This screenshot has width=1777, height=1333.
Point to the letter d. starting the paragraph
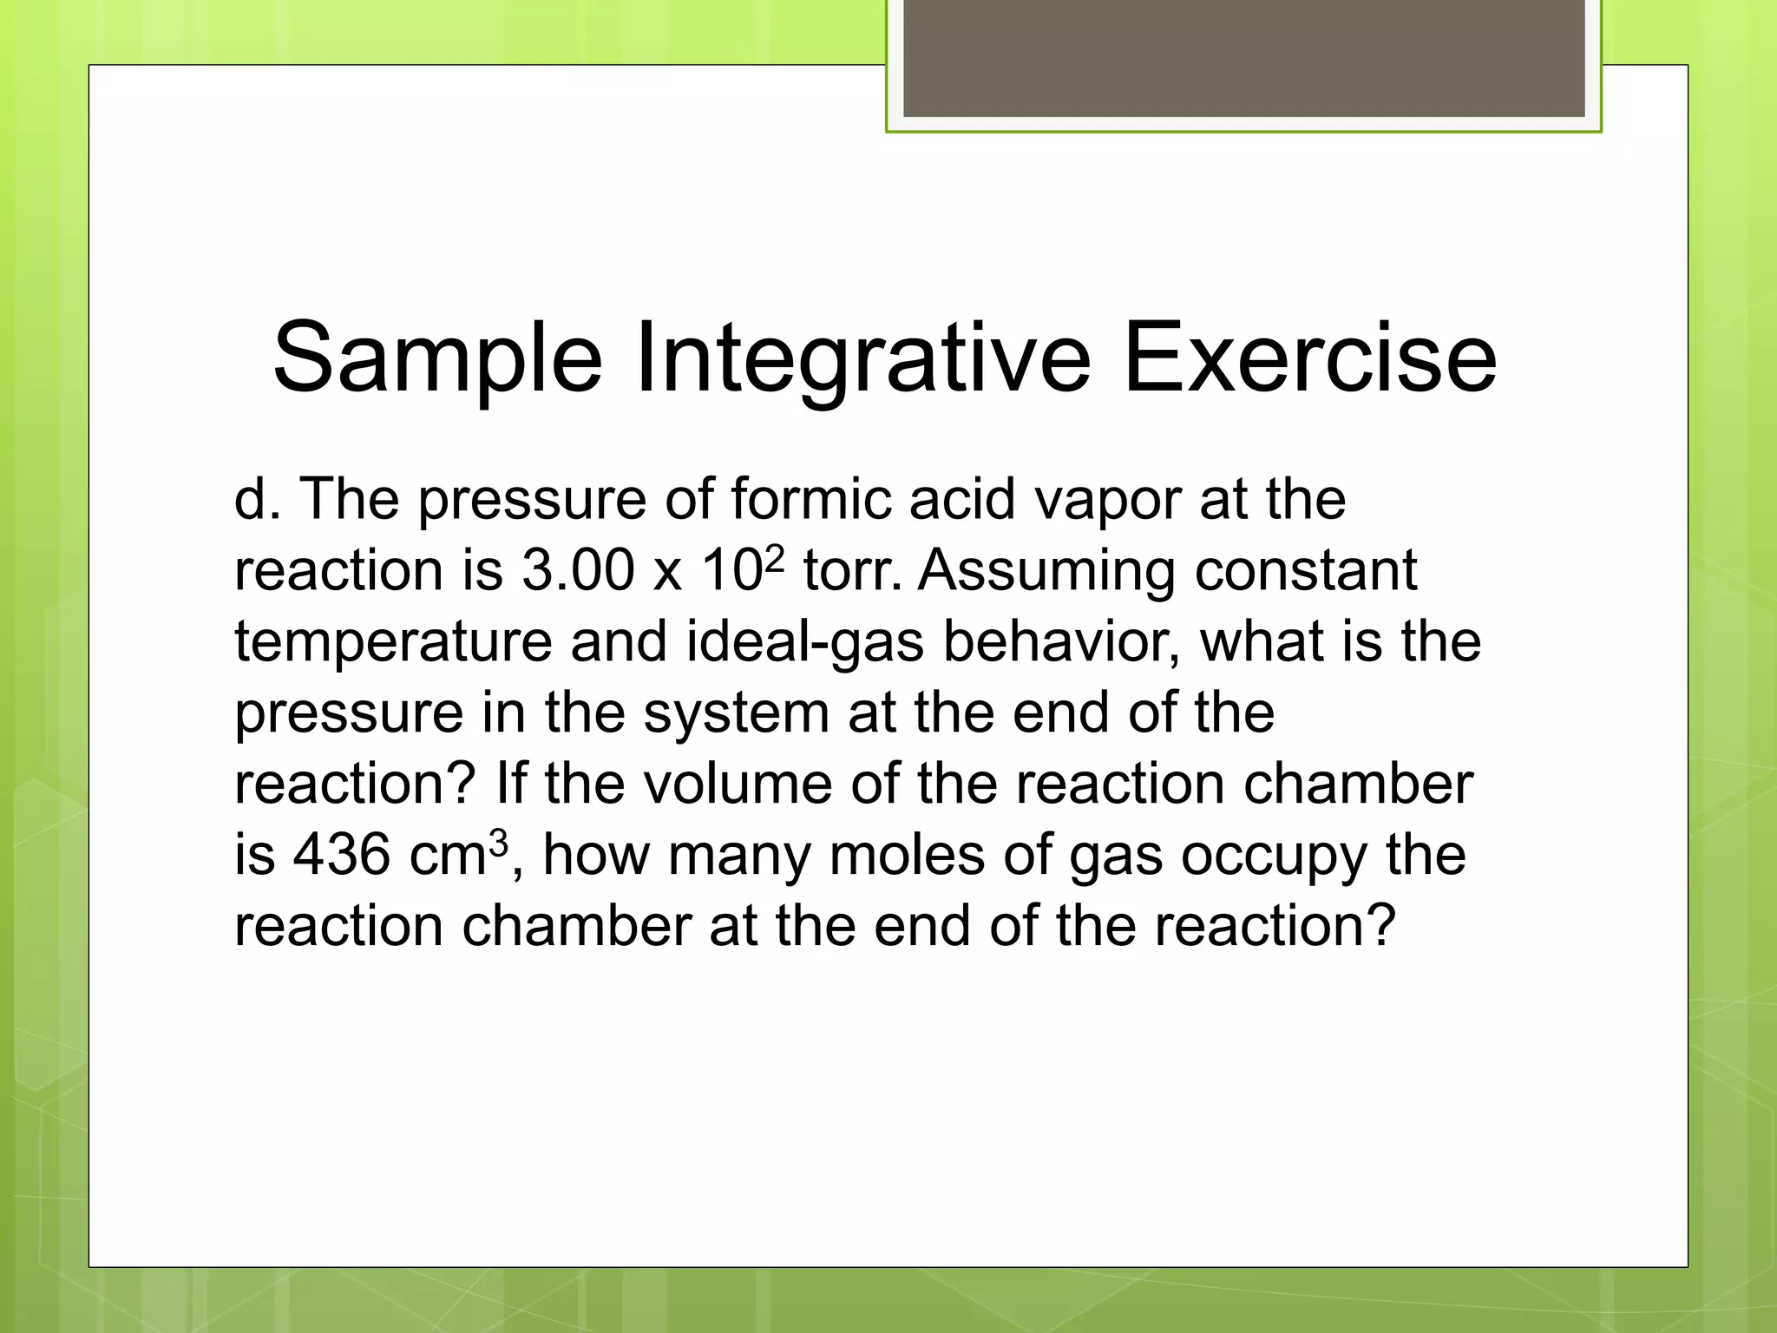(257, 500)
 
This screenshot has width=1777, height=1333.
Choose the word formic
(811, 500)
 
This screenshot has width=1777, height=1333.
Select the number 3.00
(578, 571)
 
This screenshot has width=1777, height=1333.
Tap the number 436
(342, 856)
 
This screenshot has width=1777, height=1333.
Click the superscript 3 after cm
(498, 840)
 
